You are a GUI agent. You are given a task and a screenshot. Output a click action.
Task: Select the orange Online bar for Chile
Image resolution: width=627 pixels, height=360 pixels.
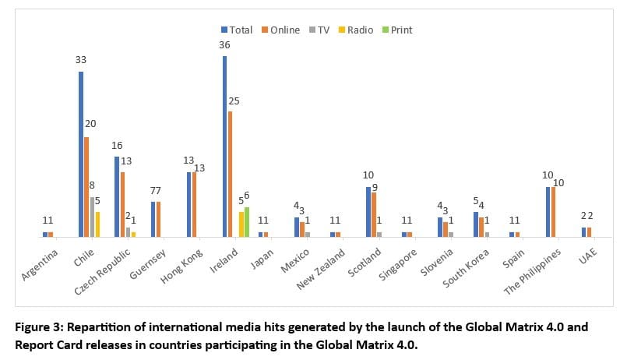pos(86,187)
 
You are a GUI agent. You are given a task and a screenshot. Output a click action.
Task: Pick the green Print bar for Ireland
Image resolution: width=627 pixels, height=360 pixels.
pos(247,221)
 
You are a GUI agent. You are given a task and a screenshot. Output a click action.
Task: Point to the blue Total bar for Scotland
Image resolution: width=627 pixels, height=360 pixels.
pos(368,211)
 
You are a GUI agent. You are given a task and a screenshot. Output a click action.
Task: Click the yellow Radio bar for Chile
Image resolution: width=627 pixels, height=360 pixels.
pos(97,224)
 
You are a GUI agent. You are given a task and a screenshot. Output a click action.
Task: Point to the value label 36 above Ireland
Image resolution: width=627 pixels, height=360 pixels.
pos(224,45)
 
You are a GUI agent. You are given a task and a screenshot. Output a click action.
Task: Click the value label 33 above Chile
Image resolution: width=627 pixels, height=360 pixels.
pos(81,61)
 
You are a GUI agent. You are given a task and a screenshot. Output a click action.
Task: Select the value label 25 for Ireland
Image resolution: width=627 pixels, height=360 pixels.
pos(234,101)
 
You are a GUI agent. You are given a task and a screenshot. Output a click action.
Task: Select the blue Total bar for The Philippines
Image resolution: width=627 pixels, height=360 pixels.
pos(548,211)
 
